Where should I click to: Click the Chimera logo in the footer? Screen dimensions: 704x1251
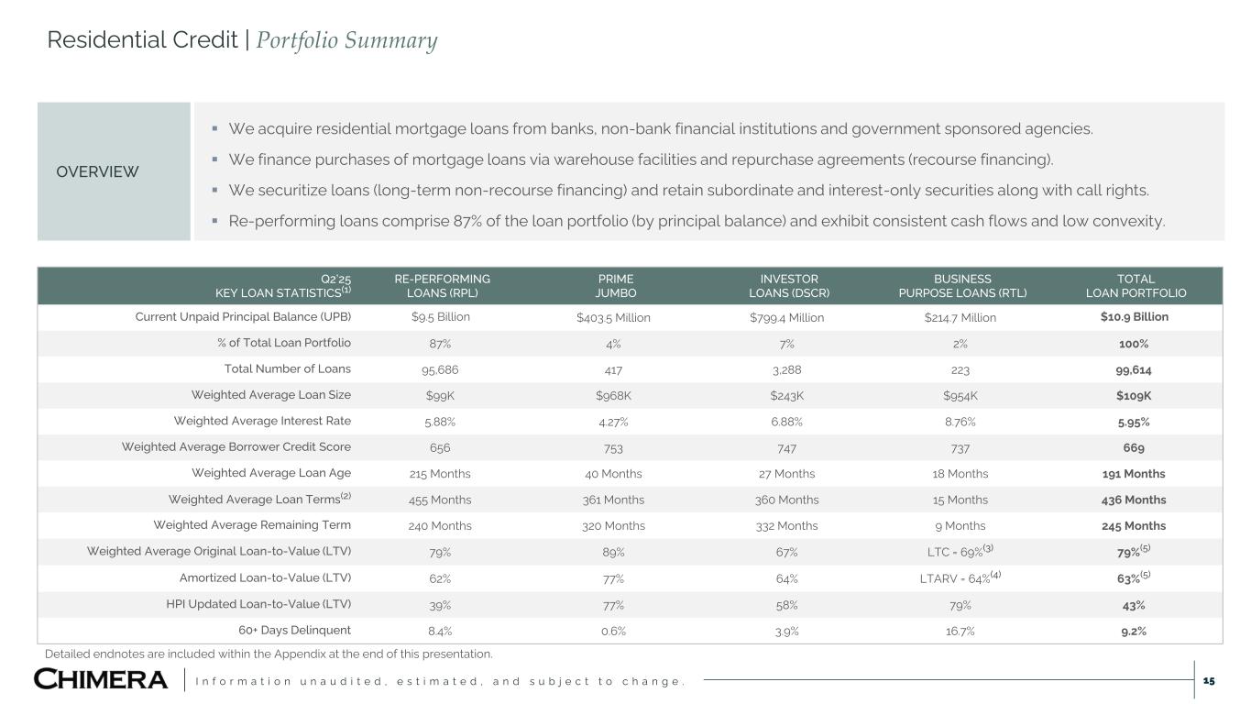tap(101, 679)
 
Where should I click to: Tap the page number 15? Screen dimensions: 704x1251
tap(1208, 681)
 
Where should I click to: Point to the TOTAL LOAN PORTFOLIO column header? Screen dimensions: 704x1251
tap(1136, 286)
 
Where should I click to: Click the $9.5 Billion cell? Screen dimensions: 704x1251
tap(441, 317)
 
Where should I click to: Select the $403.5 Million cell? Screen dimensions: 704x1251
tap(613, 318)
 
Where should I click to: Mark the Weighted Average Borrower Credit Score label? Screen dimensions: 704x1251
tap(236, 447)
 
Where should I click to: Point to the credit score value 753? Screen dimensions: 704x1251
tap(613, 448)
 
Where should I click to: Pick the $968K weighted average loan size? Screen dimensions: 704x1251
tap(613, 396)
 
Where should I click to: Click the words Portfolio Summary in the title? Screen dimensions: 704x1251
tap(346, 40)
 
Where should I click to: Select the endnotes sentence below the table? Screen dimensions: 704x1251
tap(269, 654)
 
